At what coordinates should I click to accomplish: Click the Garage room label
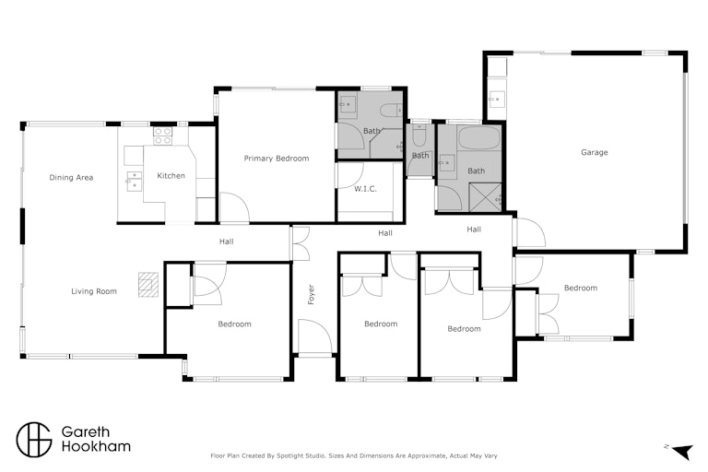click(595, 152)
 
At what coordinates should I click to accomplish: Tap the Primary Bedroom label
click(277, 158)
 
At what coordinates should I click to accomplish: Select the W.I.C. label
click(365, 189)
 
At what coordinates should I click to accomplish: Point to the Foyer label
click(311, 294)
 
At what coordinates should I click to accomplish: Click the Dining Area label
click(71, 178)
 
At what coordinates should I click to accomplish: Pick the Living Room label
click(94, 291)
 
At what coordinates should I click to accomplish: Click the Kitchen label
click(171, 176)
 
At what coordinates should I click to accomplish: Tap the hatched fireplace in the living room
click(148, 285)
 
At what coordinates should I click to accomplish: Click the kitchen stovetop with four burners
click(162, 136)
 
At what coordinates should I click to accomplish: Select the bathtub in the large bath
click(479, 137)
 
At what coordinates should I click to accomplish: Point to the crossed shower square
click(486, 197)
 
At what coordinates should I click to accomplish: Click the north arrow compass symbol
click(682, 451)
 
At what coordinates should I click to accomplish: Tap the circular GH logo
click(34, 440)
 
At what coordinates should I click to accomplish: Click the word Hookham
click(96, 447)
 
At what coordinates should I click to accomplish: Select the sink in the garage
click(497, 99)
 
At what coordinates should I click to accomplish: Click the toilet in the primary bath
click(391, 110)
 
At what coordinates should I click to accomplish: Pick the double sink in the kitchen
click(134, 181)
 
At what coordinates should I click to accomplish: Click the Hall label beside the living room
click(226, 242)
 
